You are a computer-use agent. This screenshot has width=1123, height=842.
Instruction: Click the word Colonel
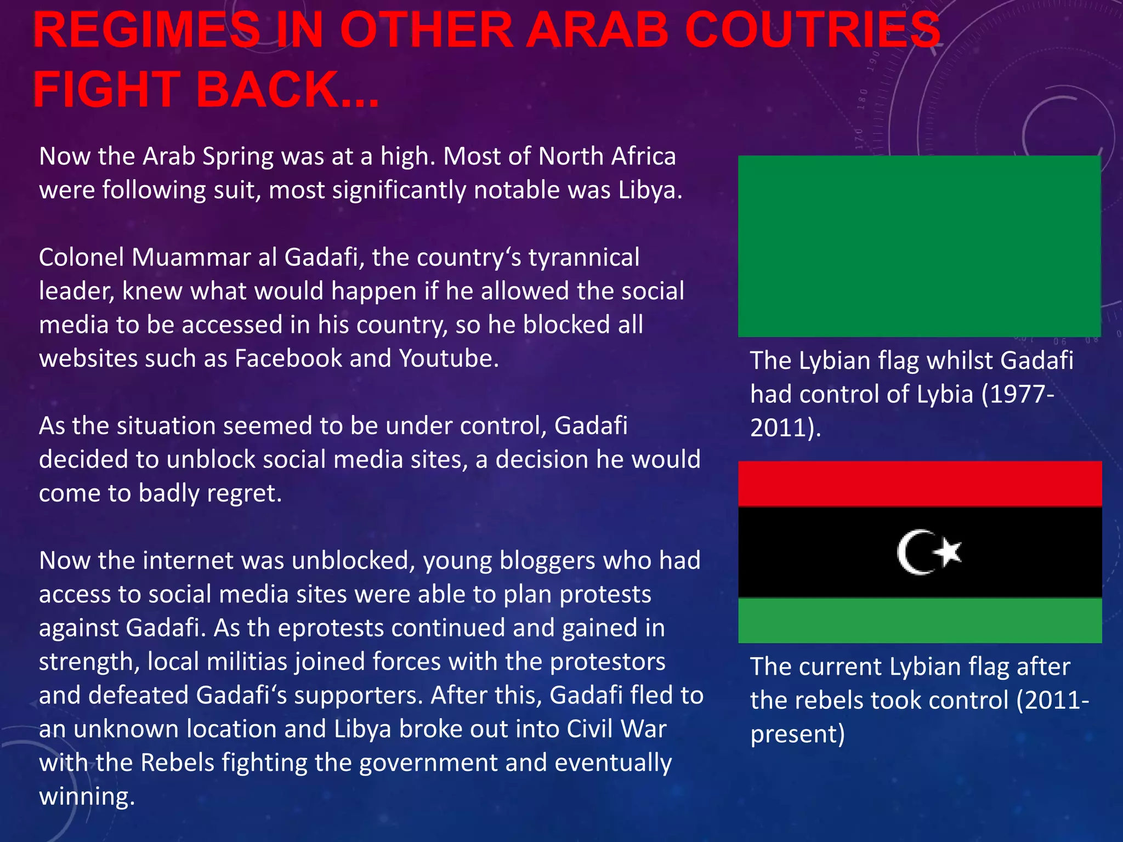pyautogui.click(x=82, y=257)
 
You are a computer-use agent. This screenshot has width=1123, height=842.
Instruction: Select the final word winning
pyautogui.click(x=86, y=797)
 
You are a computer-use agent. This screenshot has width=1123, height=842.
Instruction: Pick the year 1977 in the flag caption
pyautogui.click(x=1018, y=394)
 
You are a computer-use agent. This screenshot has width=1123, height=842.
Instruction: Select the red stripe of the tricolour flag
pyautogui.click(x=920, y=483)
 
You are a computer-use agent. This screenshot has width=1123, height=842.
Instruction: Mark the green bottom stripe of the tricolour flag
pyautogui.click(x=920, y=620)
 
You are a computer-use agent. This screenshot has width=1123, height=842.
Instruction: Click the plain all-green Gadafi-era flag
pyautogui.click(x=919, y=246)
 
